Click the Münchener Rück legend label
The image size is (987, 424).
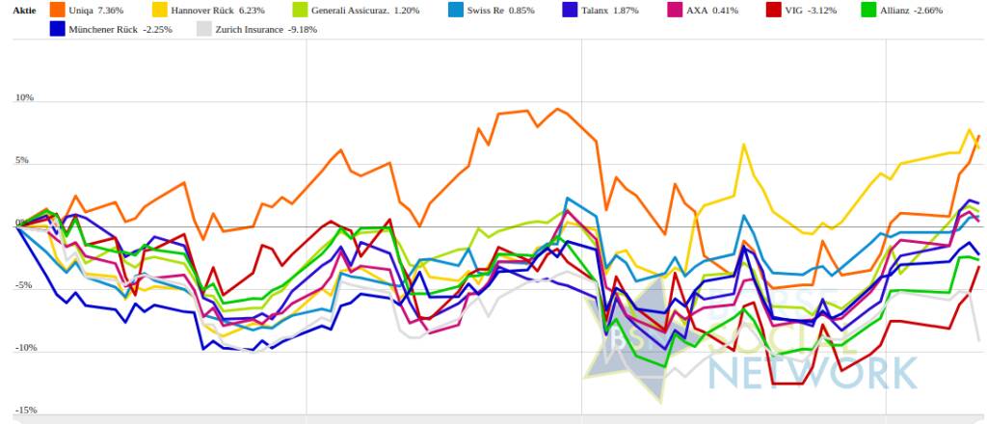pos(106,29)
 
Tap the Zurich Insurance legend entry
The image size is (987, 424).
pos(246,29)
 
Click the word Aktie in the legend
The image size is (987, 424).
pos(25,11)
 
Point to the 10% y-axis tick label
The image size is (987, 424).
pos(24,98)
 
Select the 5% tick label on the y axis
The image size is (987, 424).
pos(26,161)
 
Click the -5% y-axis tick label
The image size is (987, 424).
pos(25,285)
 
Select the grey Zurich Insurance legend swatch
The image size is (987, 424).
pos(203,29)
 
